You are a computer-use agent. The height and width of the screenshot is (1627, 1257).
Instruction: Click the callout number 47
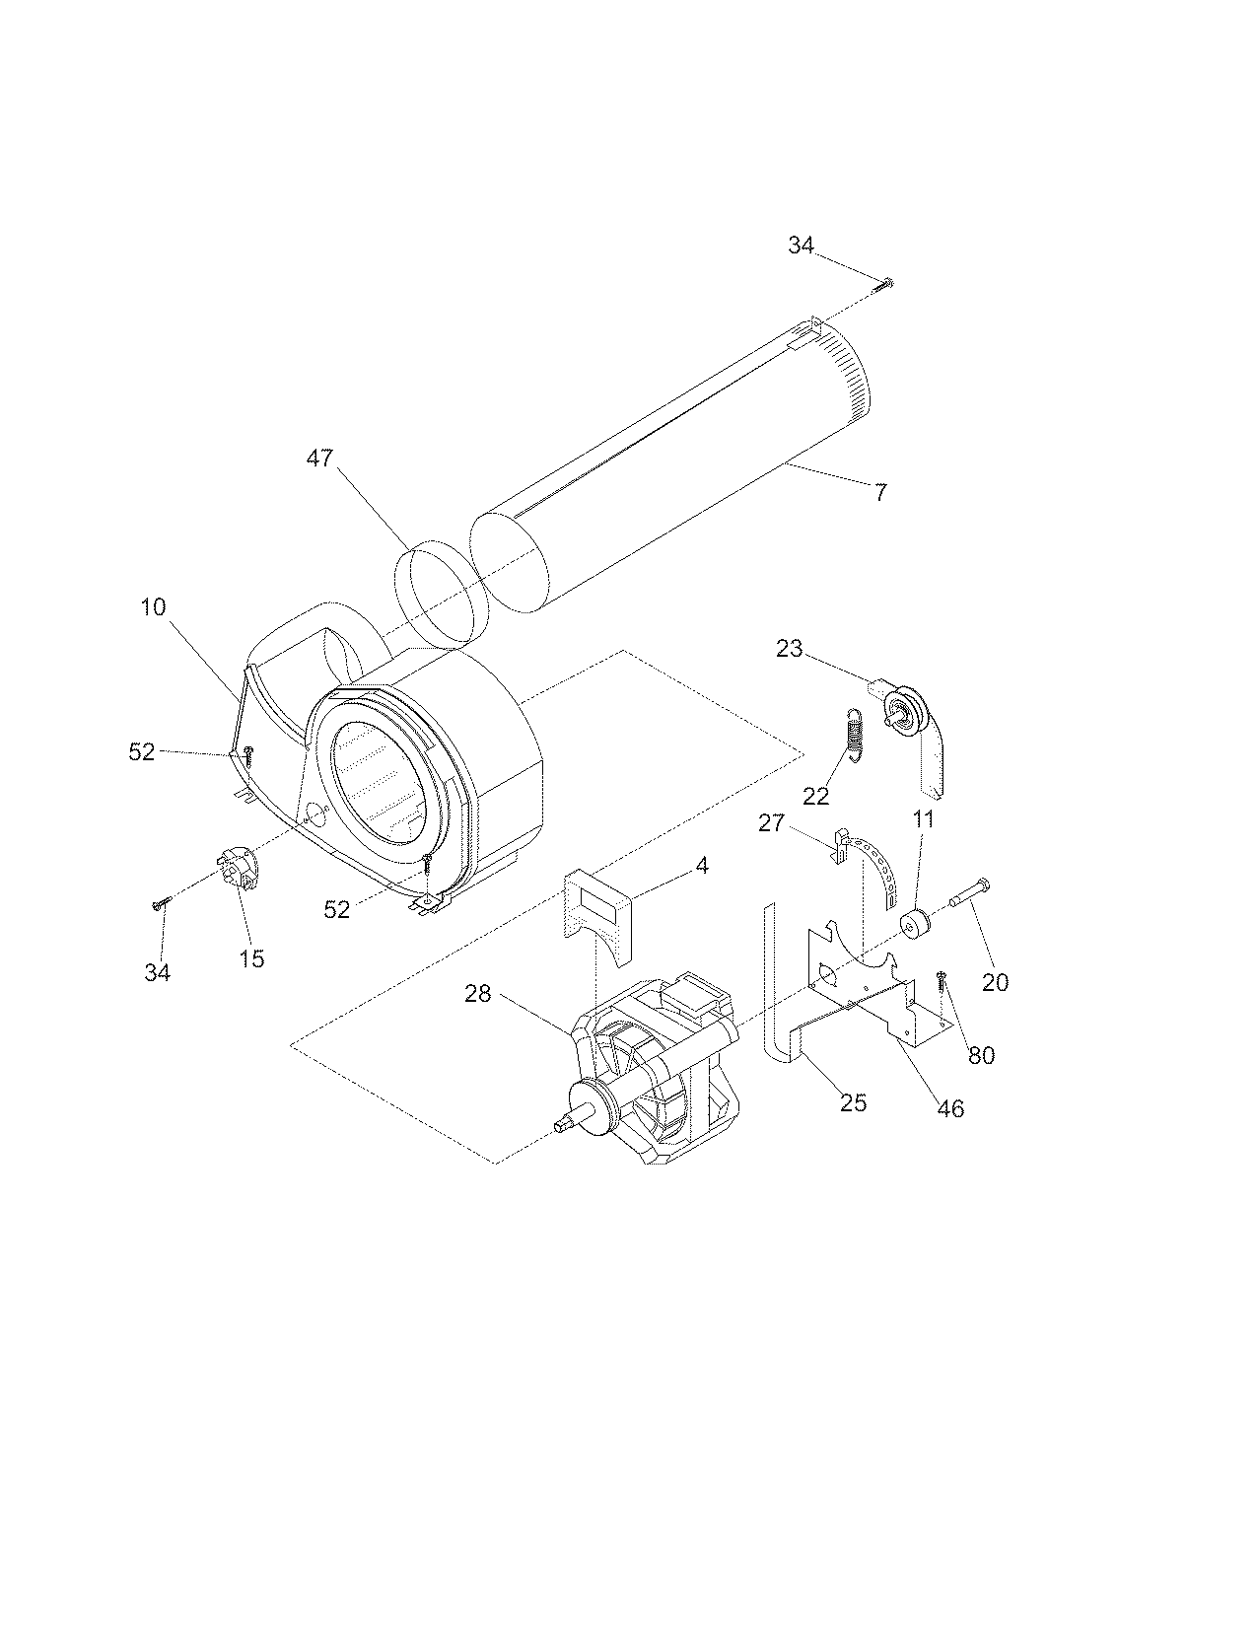pos(319,458)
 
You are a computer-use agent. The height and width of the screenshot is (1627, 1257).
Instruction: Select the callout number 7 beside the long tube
pos(880,491)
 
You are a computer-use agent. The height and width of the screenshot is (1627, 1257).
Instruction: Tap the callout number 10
pos(153,606)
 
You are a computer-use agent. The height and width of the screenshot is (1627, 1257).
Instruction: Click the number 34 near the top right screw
pos(801,245)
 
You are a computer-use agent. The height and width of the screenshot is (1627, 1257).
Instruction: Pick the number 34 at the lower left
pos(158,972)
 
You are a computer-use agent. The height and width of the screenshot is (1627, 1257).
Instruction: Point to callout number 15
pos(252,957)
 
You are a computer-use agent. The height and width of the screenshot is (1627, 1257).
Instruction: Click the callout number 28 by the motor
pos(478,994)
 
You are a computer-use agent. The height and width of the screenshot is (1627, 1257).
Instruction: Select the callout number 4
pos(701,866)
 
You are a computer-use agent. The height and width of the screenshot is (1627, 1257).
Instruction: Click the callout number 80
pos(981,1055)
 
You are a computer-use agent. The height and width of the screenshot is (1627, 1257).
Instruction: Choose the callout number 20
pos(996,982)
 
